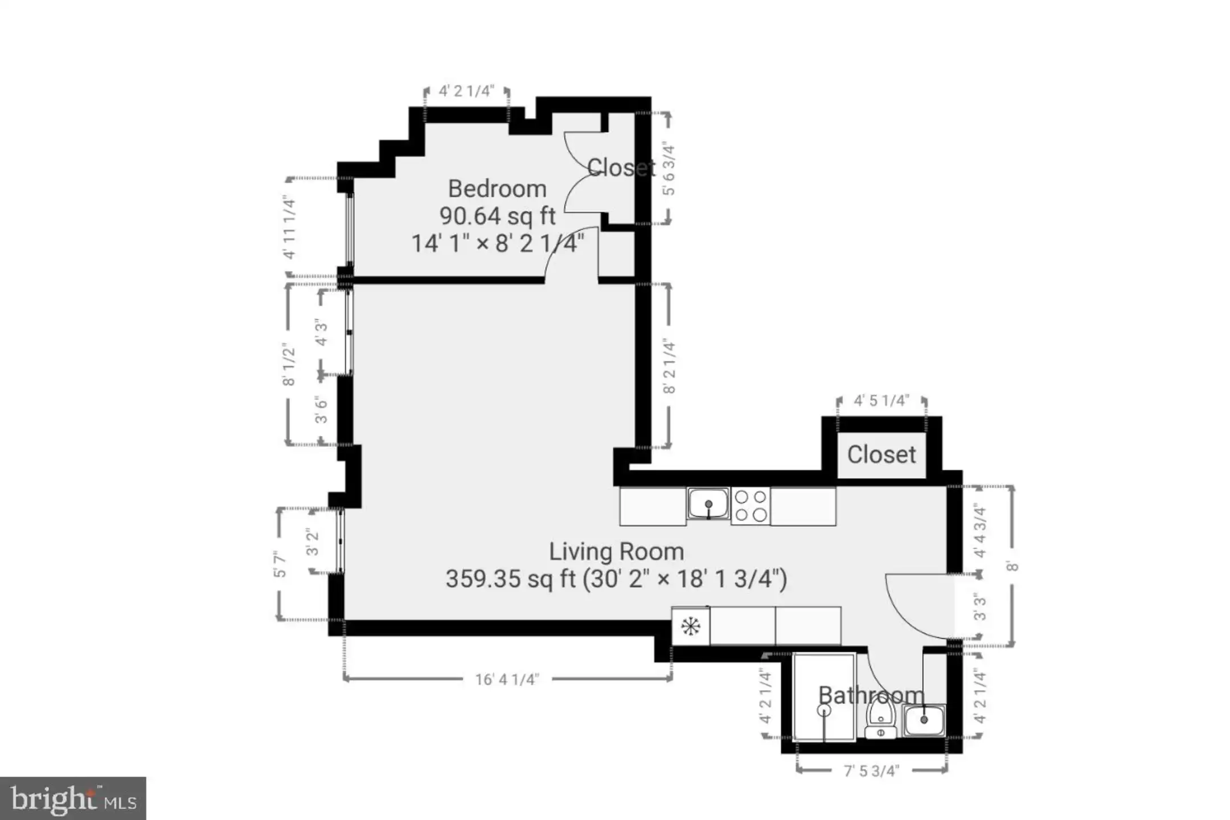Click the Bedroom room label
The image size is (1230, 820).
tap(497, 188)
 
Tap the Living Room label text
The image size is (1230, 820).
tap(616, 551)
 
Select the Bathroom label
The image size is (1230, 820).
tap(871, 695)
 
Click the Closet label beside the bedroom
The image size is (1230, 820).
tap(621, 167)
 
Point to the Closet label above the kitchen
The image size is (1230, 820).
tap(881, 454)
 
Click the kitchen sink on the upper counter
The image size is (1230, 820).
tap(708, 503)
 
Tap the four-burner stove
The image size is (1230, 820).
tap(751, 506)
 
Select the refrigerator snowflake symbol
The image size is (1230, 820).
tap(691, 626)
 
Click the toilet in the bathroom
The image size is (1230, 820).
tap(880, 719)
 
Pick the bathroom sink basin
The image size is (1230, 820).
tap(924, 720)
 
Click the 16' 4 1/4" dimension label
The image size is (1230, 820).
tap(507, 679)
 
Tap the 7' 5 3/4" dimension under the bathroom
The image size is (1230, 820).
tap(871, 771)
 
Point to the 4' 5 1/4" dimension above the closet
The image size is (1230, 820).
tap(881, 401)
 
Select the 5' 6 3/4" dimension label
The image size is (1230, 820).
tap(669, 170)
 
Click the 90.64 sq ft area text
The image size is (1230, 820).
tap(497, 216)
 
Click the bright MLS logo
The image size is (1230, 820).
tap(73, 798)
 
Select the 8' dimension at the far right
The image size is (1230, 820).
tap(1012, 566)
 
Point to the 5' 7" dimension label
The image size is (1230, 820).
tap(280, 564)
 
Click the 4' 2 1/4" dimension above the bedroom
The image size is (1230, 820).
tap(466, 91)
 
